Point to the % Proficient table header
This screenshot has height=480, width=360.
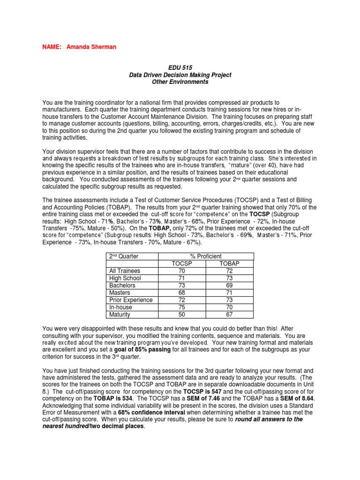[206, 256]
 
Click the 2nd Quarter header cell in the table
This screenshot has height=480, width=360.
[124, 256]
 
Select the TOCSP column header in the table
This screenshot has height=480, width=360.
[182, 263]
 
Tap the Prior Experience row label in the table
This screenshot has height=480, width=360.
[131, 300]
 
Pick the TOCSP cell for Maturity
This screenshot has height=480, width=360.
[182, 315]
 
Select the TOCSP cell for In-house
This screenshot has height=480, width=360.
[182, 307]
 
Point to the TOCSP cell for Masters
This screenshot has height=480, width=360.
[182, 293]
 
